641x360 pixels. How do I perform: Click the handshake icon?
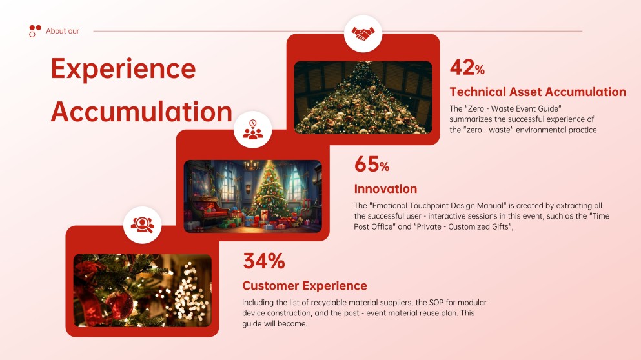point(363,33)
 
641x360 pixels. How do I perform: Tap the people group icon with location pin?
point(252,129)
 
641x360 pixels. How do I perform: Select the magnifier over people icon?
point(142,224)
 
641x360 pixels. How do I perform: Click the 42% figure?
point(467,67)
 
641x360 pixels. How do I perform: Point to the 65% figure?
point(371,164)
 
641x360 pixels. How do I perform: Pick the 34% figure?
point(263,261)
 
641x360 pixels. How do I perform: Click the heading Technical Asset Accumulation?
point(537,92)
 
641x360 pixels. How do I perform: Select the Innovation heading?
point(385,188)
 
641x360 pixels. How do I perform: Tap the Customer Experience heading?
point(304,285)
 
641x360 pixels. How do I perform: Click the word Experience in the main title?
point(123,68)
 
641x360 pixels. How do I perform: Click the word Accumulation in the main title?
point(141,112)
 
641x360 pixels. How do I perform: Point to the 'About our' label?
point(63,31)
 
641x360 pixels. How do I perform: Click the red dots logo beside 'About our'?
point(35,30)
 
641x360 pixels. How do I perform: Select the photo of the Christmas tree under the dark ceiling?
point(363,97)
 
